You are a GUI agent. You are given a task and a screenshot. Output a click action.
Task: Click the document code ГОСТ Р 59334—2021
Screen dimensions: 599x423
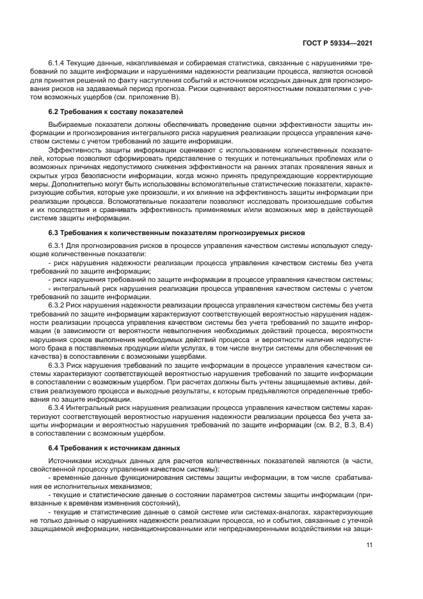click(337, 43)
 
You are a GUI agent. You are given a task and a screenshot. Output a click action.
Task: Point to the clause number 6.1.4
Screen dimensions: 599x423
click(58, 65)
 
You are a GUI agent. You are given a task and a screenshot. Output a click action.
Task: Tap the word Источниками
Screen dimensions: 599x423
click(71, 461)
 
